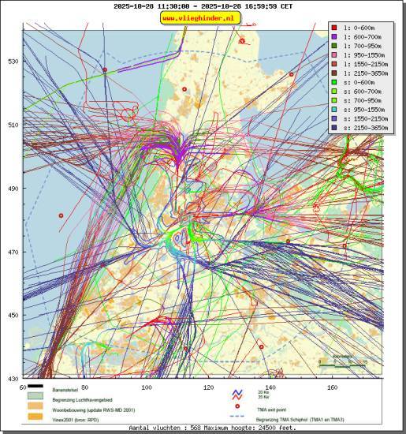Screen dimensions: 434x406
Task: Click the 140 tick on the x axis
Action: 270,387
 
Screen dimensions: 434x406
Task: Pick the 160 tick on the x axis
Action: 332,387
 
